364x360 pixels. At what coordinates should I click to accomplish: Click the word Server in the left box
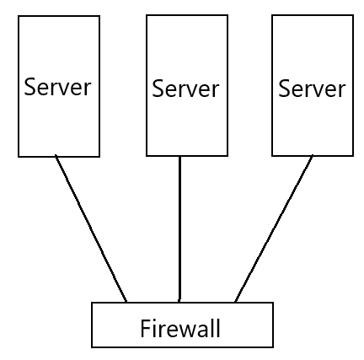click(57, 87)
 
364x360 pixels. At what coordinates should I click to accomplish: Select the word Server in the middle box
click(185, 88)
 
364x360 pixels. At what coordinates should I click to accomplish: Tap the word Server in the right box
click(312, 88)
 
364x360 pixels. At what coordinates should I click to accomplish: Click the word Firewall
click(180, 327)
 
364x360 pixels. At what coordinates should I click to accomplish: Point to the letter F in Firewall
click(145, 327)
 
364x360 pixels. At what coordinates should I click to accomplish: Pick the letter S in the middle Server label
click(158, 88)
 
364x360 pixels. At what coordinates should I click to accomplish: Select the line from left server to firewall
click(91, 228)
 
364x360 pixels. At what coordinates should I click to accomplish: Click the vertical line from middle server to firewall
click(179, 228)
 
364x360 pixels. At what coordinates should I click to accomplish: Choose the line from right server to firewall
click(273, 228)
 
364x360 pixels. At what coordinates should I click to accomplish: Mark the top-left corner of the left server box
click(19, 16)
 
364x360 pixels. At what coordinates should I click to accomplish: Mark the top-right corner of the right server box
click(351, 16)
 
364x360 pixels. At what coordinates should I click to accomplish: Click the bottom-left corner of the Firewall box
click(91, 347)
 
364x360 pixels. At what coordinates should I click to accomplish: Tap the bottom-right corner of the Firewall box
click(274, 347)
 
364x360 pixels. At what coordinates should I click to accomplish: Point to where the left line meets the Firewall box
click(127, 303)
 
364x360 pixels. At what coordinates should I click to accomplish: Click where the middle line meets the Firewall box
click(179, 303)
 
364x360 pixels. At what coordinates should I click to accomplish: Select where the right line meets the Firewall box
click(234, 303)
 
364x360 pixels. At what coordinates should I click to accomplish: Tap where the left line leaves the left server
click(56, 156)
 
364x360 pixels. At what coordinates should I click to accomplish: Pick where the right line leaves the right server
click(312, 156)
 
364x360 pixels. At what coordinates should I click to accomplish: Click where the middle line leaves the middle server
click(179, 156)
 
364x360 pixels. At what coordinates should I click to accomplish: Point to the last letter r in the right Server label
click(340, 89)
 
